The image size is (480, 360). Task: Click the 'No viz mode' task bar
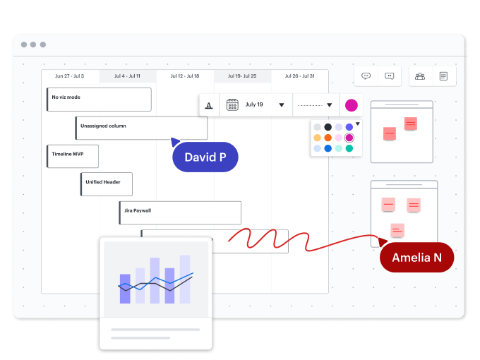(99, 99)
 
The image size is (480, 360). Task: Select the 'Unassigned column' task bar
(141, 128)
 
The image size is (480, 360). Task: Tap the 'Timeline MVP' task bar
(73, 156)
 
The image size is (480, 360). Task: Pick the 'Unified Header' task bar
(107, 184)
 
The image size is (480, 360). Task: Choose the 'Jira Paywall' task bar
(180, 212)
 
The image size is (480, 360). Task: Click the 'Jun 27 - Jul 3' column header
(69, 76)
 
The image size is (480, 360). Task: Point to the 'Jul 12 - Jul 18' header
(184, 76)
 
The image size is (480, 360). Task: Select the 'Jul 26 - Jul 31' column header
(299, 76)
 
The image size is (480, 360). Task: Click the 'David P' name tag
(205, 157)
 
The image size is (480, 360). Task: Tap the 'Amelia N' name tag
(416, 258)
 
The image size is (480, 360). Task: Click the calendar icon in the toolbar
(232, 105)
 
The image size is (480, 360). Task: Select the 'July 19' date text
(255, 104)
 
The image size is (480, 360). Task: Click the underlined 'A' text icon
(209, 105)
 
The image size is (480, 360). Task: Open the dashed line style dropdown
(329, 105)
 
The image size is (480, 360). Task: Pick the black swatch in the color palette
(328, 127)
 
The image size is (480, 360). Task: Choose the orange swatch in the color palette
(328, 138)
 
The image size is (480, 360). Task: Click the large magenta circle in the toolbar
(351, 105)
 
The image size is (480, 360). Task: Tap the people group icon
(420, 76)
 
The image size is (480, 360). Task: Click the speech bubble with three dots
(366, 76)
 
